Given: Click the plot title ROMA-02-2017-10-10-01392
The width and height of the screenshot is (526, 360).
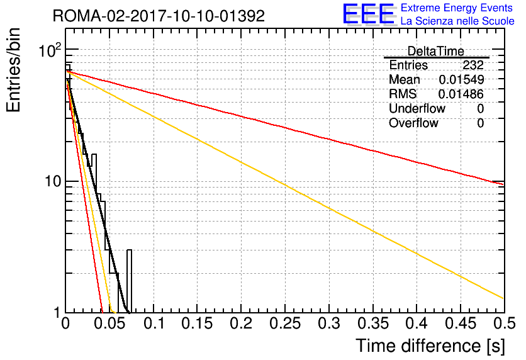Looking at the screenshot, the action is (x=159, y=16).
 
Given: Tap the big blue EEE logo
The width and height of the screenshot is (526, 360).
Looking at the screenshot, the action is (x=369, y=14).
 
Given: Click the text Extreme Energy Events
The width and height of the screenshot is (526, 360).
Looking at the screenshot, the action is (x=457, y=8).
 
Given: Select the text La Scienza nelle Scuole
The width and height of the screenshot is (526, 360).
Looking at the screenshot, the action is (x=457, y=21).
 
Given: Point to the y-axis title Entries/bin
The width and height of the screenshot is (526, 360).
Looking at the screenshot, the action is (x=13, y=70).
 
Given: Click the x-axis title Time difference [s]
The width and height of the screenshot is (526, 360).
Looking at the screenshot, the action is (x=430, y=346).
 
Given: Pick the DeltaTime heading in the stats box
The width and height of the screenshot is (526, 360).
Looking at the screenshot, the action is (x=436, y=52).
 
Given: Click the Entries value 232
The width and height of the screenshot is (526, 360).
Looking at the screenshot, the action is (x=473, y=65).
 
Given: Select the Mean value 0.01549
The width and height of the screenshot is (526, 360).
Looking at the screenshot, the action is (x=461, y=79).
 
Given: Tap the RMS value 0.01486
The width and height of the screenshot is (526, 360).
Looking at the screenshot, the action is (x=461, y=94).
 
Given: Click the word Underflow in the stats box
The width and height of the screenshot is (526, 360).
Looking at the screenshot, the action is (x=417, y=108).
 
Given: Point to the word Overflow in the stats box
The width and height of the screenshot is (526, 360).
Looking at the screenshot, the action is (x=413, y=123).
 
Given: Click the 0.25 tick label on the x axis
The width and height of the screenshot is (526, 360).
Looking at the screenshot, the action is (x=285, y=323).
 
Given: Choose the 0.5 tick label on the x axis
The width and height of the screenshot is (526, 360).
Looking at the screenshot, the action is (x=504, y=323).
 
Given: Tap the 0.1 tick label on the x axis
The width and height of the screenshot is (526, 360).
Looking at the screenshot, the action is (x=154, y=323).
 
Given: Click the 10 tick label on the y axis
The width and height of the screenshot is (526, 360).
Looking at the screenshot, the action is (x=53, y=181).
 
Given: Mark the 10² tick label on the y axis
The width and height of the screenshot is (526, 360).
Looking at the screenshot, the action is (x=51, y=50).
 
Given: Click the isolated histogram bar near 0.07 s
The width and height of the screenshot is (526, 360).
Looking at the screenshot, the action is (x=129, y=281).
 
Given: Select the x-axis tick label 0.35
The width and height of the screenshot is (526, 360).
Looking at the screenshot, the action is (x=373, y=323).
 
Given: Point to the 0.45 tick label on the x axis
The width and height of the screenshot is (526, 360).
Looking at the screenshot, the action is (x=461, y=323).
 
